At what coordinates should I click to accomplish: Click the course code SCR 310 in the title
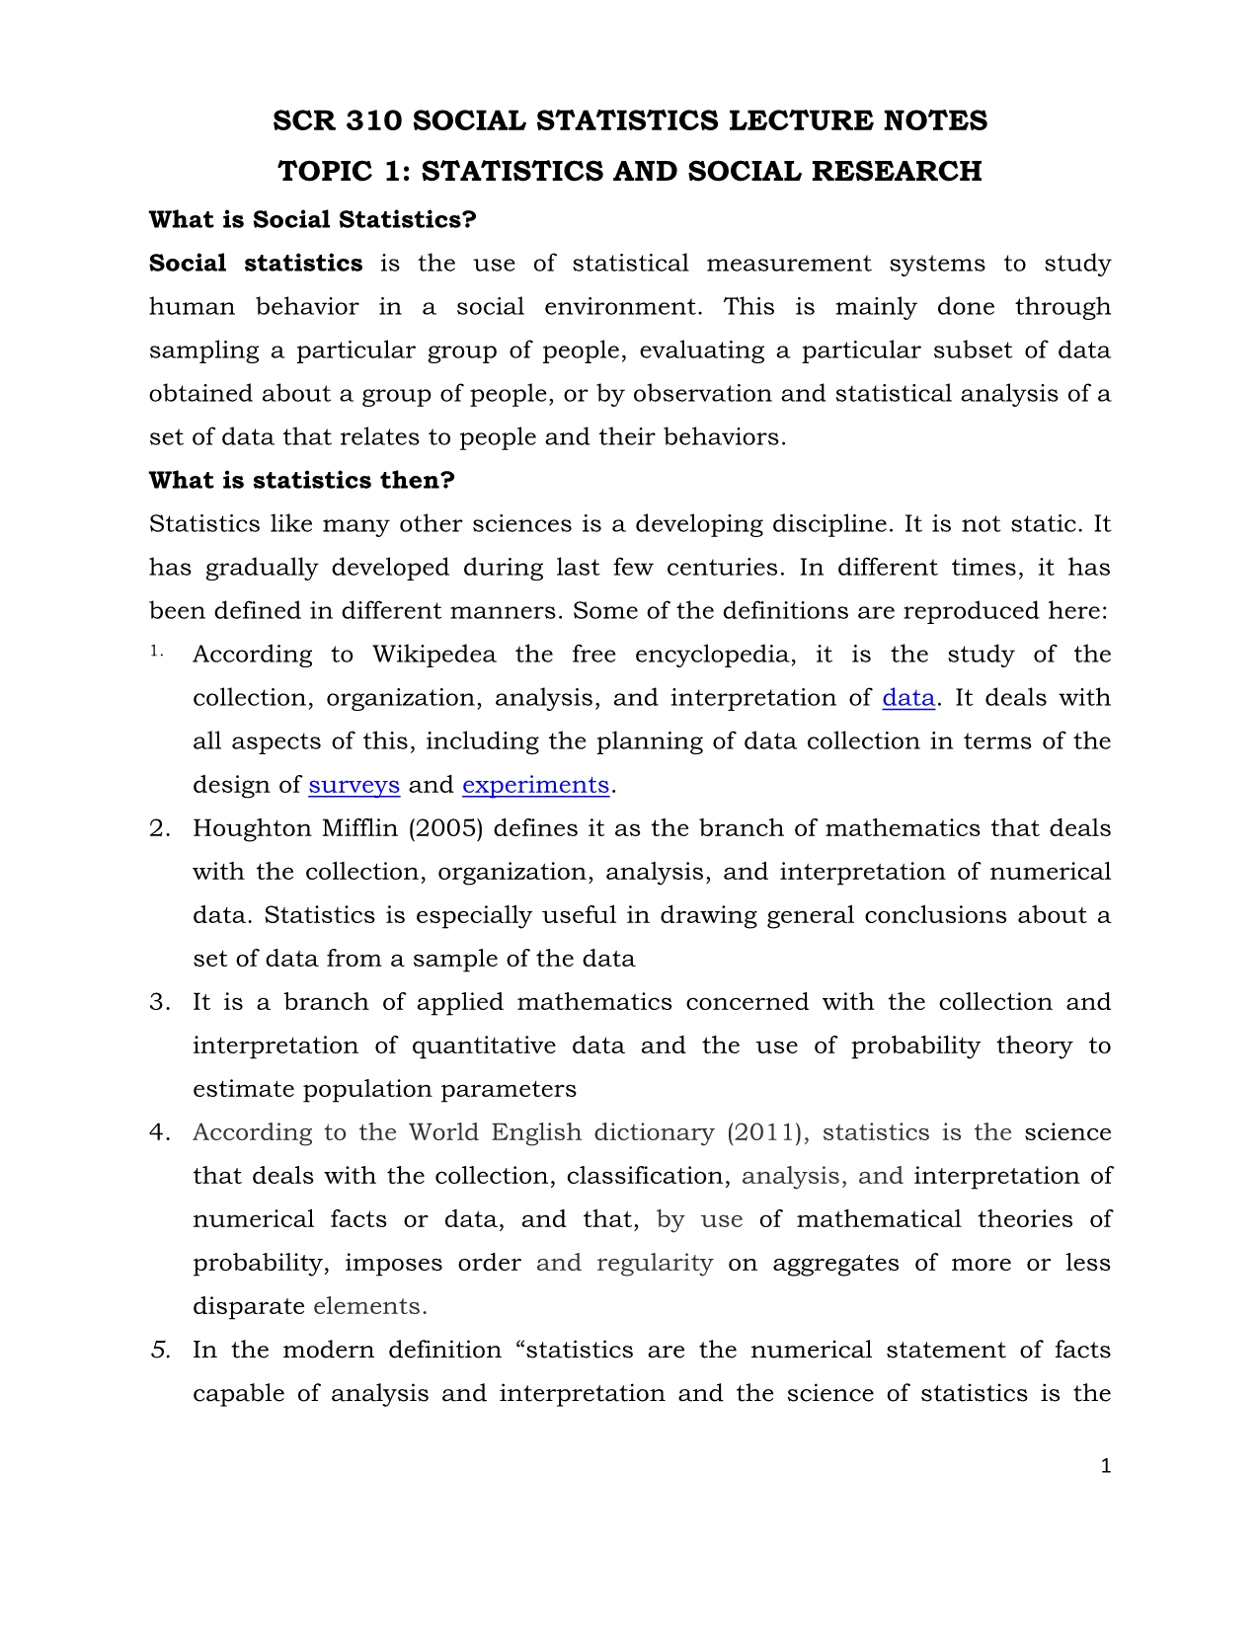pyautogui.click(x=337, y=120)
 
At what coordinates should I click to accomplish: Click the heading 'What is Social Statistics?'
pyautogui.click(x=312, y=219)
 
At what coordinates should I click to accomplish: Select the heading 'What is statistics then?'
pyautogui.click(x=301, y=480)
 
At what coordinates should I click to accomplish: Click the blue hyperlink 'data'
pyautogui.click(x=907, y=698)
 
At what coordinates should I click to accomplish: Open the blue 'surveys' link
pyautogui.click(x=354, y=785)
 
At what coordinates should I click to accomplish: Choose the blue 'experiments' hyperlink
pyautogui.click(x=535, y=785)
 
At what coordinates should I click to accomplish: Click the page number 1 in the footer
pyautogui.click(x=1106, y=1466)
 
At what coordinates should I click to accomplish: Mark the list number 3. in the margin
pyautogui.click(x=160, y=1002)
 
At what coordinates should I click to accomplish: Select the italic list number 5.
pyautogui.click(x=161, y=1350)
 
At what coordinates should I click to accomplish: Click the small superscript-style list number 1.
pyautogui.click(x=156, y=651)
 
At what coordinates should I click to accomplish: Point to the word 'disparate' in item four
pyautogui.click(x=248, y=1306)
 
